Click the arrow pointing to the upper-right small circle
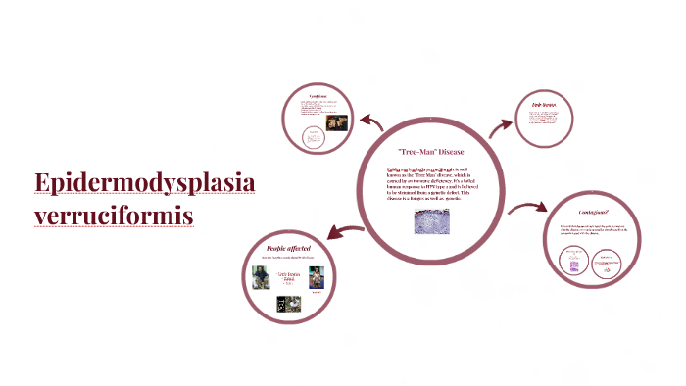pos(501,124)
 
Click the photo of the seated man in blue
pos(259,277)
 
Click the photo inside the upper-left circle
pos(336,123)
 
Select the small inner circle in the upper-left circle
pos(313,138)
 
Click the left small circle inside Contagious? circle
pos(574,260)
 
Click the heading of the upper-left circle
pos(318,96)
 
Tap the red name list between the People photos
pos(288,278)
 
